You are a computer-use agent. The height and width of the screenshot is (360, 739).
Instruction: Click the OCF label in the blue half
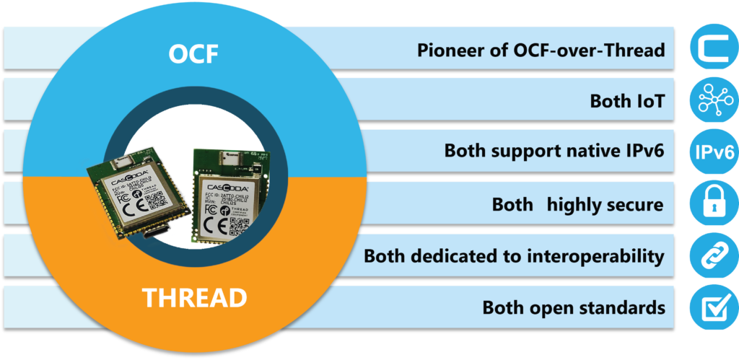point(193,53)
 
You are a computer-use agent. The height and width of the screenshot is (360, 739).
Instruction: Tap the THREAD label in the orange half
point(194,297)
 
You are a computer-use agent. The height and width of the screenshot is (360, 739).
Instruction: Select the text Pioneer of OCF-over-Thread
point(541,51)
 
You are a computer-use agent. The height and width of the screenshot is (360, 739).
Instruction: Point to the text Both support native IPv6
point(554,152)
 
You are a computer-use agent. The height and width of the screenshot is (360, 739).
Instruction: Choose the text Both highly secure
point(577,204)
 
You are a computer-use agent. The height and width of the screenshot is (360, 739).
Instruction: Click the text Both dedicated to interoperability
point(513,256)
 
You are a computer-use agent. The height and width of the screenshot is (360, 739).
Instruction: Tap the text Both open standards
point(573,308)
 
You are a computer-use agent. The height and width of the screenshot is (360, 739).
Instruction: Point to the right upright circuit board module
point(230,195)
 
